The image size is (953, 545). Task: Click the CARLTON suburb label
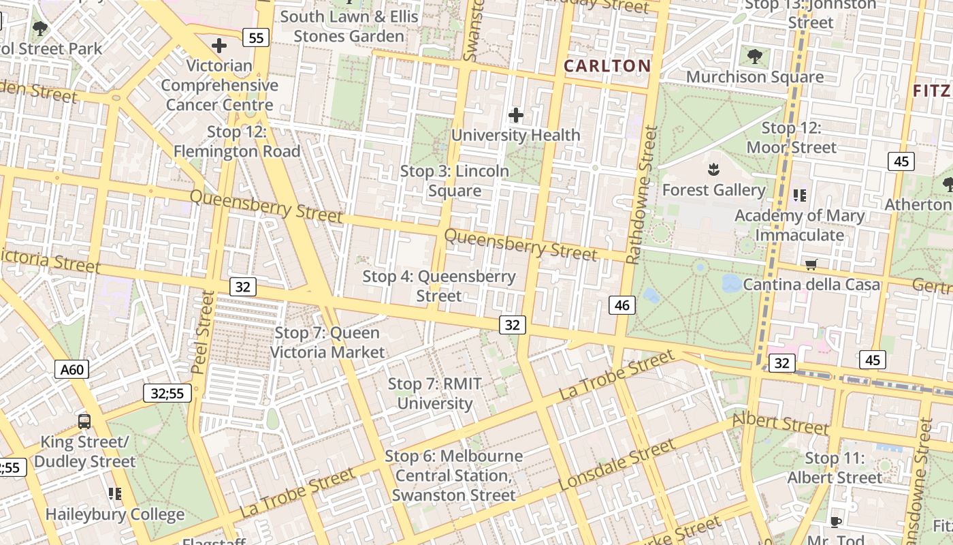[607, 66]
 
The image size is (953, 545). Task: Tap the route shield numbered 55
[256, 37]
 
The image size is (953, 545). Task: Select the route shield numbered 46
[622, 305]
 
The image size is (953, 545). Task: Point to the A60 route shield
[71, 369]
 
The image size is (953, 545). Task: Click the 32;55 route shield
[167, 392]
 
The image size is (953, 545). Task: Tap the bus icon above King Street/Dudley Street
[84, 421]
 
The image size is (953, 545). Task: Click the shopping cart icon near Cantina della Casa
[811, 264]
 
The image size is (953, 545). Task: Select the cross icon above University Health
[516, 115]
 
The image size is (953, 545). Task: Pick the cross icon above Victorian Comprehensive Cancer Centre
[219, 46]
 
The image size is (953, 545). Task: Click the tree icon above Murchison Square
[754, 56]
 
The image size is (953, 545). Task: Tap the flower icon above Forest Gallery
[713, 168]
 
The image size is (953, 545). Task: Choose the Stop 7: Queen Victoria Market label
[327, 343]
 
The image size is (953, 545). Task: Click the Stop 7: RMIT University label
[435, 393]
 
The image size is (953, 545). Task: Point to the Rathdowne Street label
[641, 195]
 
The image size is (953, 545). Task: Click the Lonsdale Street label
[617, 465]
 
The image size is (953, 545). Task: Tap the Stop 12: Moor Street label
[792, 138]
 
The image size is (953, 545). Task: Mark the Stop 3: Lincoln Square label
[455, 181]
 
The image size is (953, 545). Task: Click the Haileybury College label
[115, 514]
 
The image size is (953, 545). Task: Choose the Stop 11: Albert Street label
[835, 468]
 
